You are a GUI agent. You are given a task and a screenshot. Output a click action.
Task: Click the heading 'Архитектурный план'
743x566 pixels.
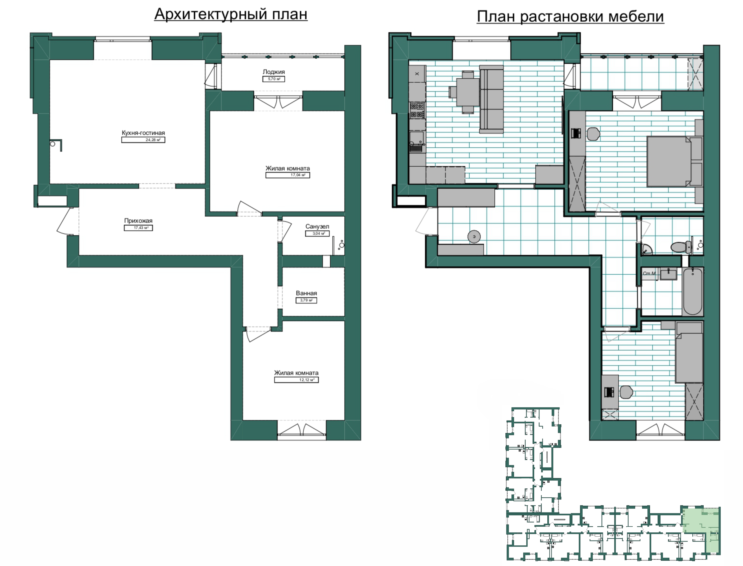(231, 14)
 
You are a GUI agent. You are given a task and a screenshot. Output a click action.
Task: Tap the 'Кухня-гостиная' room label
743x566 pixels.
(143, 133)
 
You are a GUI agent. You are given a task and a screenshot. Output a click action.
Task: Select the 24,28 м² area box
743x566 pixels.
(143, 140)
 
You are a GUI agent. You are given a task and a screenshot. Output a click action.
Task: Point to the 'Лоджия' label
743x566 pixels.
(274, 72)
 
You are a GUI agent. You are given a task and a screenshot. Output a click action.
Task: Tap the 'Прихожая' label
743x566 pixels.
(138, 221)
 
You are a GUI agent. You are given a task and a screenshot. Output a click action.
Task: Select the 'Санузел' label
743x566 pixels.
(317, 226)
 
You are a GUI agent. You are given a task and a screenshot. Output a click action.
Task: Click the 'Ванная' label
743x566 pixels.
(306, 293)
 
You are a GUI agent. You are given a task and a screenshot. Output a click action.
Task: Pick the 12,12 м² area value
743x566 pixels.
(297, 380)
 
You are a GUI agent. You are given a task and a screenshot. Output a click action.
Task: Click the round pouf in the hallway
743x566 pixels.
(474, 236)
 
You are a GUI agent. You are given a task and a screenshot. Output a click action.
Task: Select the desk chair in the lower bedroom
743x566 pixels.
(626, 392)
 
